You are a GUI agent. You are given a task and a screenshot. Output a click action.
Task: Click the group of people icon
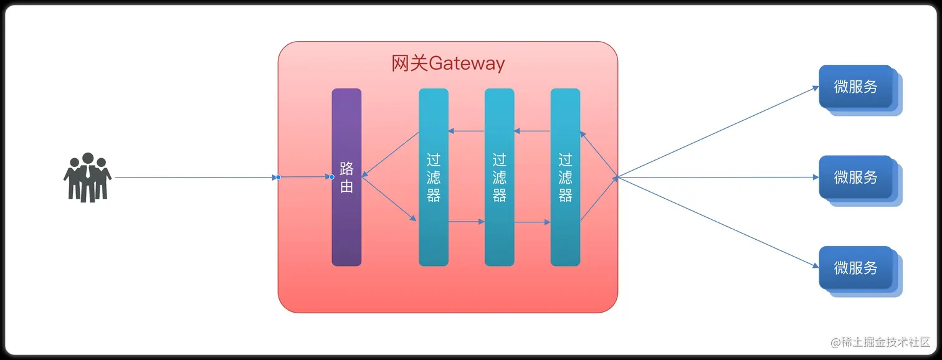(87, 178)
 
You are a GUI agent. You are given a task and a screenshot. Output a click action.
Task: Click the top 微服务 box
(856, 87)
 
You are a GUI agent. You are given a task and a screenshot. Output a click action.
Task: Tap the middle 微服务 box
(856, 178)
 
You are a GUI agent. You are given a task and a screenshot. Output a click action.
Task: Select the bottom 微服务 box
(856, 268)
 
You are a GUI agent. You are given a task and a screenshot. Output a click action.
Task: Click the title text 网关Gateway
(448, 64)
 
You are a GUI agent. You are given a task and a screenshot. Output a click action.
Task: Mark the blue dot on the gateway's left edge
(278, 178)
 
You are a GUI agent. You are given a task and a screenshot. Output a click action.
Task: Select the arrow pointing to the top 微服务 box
(716, 132)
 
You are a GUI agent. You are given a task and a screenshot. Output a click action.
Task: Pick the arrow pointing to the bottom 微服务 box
(716, 222)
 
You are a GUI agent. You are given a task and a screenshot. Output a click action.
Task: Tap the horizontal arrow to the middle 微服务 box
(716, 178)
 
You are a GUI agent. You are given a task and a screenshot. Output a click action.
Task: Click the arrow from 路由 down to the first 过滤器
(389, 199)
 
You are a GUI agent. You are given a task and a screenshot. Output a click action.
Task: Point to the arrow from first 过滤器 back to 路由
(391, 154)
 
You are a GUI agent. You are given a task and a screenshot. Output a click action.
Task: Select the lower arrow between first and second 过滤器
(467, 221)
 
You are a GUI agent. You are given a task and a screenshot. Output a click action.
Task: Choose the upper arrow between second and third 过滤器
(533, 131)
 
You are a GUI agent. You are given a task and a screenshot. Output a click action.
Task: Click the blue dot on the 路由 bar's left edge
(331, 178)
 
